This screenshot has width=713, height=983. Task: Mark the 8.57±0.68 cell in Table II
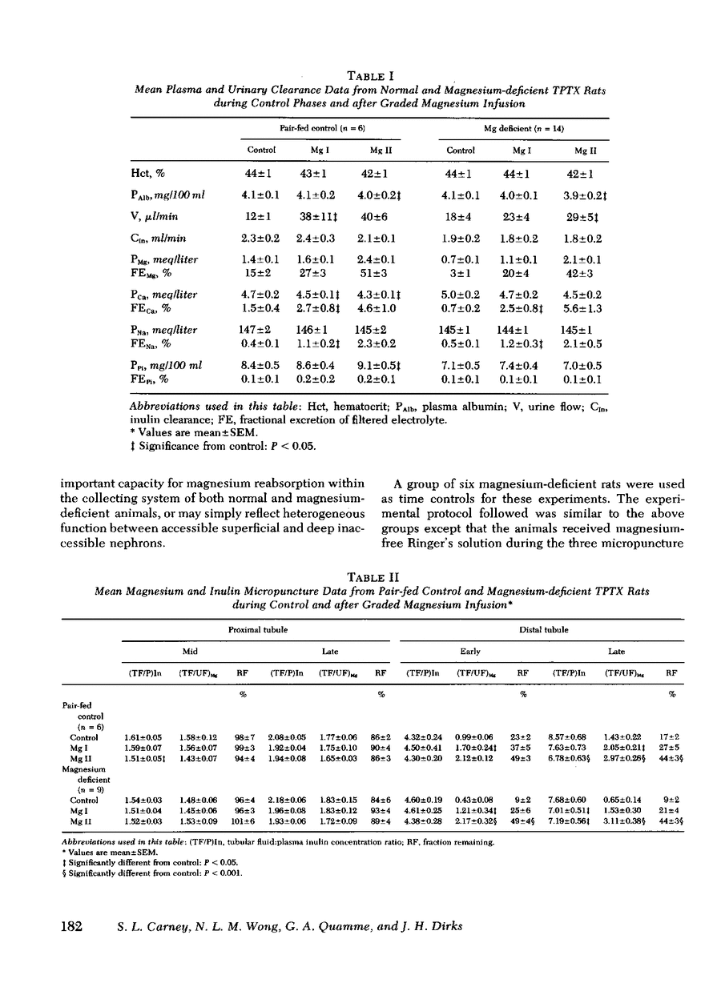567,736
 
